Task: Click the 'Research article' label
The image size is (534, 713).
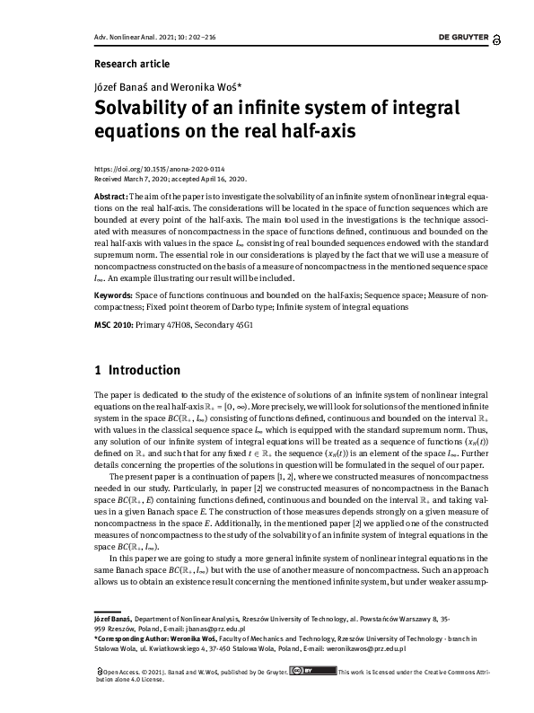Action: click(x=131, y=65)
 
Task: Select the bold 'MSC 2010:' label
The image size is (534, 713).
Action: click(x=114, y=324)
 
